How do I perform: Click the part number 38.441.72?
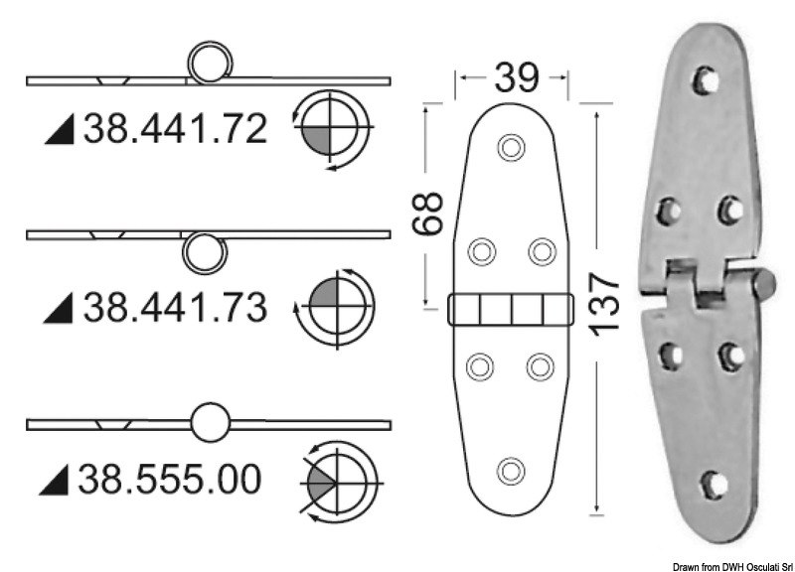click(175, 129)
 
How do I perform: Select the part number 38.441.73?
click(175, 309)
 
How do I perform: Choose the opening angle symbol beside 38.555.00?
click(339, 482)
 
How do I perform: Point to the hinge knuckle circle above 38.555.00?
click(210, 423)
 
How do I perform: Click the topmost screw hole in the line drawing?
click(511, 147)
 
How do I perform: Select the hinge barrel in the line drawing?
click(511, 311)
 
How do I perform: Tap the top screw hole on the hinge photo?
click(707, 78)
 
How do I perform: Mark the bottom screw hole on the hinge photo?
click(712, 485)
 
